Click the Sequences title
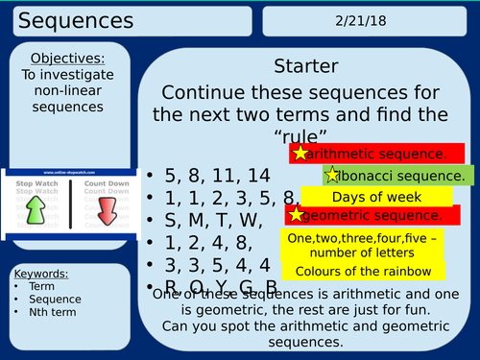[63, 18]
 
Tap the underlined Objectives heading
[68, 59]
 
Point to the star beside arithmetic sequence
[301, 154]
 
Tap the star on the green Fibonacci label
[332, 175]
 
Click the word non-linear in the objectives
[68, 93]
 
